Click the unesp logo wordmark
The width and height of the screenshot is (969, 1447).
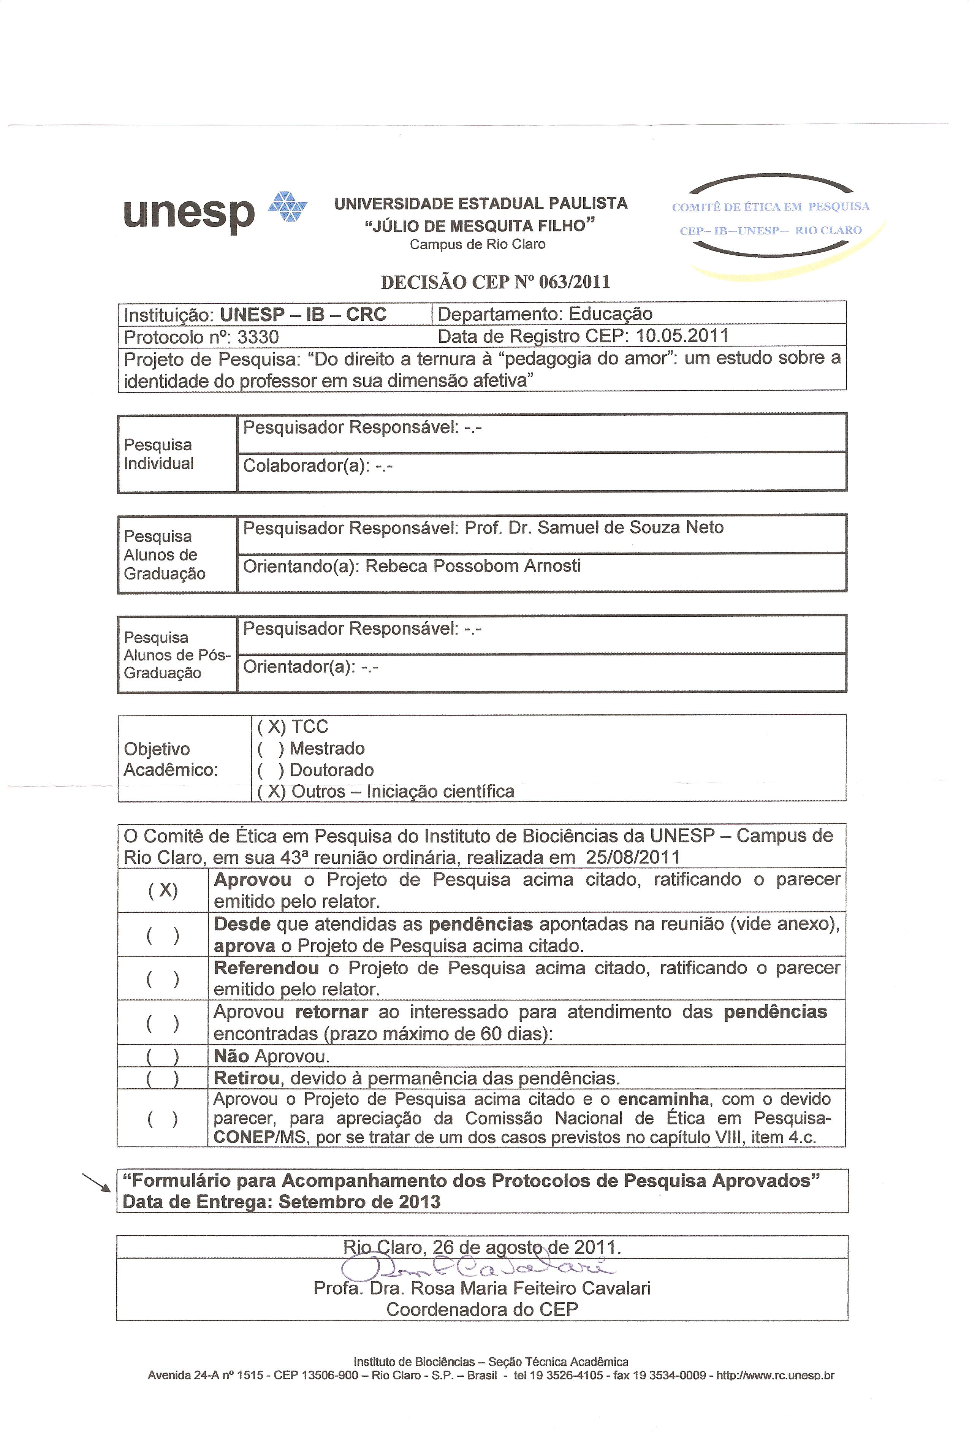(x=188, y=213)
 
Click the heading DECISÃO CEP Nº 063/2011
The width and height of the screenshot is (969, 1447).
(x=495, y=282)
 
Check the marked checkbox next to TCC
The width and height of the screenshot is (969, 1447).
(x=272, y=727)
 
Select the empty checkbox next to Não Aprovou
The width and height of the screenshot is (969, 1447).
(x=163, y=1056)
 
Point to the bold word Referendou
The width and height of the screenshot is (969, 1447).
(x=266, y=968)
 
